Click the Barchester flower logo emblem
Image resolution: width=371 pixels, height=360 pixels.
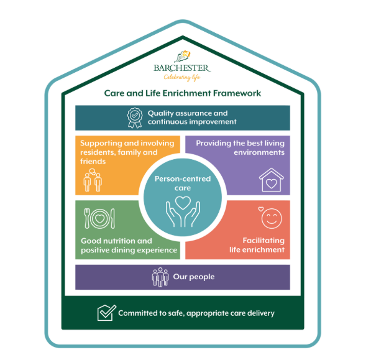(183, 57)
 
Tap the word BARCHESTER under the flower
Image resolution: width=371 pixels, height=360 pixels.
(181, 68)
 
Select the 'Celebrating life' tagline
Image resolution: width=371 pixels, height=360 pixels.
(182, 77)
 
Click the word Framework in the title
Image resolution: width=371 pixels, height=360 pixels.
(237, 93)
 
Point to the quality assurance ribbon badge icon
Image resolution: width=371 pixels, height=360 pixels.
(135, 118)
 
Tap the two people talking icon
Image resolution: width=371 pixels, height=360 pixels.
(93, 180)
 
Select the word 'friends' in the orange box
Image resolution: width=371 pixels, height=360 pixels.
(93, 162)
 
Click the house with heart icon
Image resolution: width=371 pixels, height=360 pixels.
(271, 180)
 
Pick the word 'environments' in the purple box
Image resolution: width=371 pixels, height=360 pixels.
(259, 152)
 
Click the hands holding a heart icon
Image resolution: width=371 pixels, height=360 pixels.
(183, 211)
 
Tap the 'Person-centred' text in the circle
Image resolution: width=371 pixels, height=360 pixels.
(183, 178)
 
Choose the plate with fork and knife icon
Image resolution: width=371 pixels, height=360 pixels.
(99, 218)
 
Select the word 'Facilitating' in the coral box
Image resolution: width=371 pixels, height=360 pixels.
(263, 241)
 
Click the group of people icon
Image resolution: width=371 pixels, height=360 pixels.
(160, 277)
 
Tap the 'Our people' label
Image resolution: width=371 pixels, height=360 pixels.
(194, 277)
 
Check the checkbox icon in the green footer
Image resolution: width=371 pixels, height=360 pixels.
(107, 313)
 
